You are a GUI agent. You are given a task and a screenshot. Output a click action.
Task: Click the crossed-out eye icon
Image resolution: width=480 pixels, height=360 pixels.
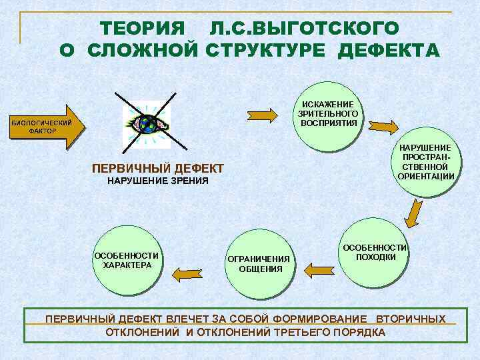click(151, 125)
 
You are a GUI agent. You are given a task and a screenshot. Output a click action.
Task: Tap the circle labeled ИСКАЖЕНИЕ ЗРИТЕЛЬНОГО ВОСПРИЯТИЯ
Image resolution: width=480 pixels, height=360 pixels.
click(329, 113)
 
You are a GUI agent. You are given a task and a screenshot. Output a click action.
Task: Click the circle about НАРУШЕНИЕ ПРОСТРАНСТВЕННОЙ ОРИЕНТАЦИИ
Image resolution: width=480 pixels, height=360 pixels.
click(426, 162)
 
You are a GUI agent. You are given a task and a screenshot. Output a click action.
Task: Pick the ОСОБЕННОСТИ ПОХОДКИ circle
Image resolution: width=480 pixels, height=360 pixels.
click(375, 253)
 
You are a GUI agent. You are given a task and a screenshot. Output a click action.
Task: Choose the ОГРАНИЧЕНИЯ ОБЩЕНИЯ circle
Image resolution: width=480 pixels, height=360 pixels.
click(259, 264)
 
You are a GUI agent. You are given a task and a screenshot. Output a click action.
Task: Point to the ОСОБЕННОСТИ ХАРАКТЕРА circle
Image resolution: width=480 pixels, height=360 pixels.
click(127, 260)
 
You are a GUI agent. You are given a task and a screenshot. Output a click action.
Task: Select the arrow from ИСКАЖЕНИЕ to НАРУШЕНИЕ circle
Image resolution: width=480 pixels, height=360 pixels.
click(383, 125)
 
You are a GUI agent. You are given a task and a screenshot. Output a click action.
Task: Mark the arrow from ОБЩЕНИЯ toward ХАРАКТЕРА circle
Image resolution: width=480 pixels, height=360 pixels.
click(190, 271)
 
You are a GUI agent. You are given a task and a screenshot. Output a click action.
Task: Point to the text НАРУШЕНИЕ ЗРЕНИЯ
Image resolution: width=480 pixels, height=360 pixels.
click(158, 181)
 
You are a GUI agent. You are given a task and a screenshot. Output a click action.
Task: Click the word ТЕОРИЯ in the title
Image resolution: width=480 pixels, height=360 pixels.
click(142, 29)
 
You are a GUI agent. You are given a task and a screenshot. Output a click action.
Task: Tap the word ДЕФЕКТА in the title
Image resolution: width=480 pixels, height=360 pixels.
click(389, 51)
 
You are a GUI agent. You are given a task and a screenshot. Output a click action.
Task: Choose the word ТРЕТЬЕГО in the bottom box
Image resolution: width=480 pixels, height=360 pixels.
click(299, 332)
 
